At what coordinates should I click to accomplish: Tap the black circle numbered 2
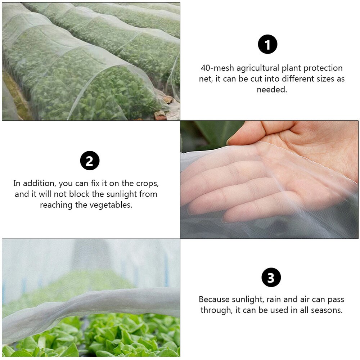click(x=89, y=161)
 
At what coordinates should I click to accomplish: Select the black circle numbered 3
click(x=271, y=278)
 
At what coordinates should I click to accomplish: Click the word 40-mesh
click(x=215, y=68)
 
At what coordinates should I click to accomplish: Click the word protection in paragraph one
click(x=323, y=68)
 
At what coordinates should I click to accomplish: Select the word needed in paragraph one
click(x=271, y=90)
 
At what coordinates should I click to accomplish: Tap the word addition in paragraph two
click(x=40, y=183)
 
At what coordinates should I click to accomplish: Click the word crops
click(x=147, y=183)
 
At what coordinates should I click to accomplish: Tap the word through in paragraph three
click(x=215, y=310)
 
